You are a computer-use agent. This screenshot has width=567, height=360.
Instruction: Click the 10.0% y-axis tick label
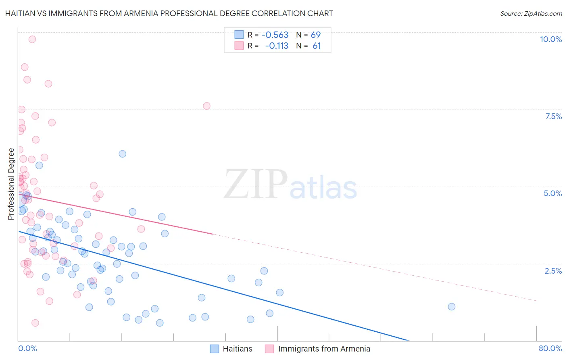coord(551,39)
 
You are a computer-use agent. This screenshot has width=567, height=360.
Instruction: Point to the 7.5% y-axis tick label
coord(553,116)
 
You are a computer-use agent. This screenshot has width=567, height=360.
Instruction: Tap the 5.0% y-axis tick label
coord(552,193)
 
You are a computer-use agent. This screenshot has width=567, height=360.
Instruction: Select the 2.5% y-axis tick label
coord(553,271)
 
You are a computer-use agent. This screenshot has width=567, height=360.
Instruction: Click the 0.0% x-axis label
coord(27,348)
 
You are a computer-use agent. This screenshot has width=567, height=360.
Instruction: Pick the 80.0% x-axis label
coord(550,348)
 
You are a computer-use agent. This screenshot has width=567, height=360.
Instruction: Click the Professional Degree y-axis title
coord(11,184)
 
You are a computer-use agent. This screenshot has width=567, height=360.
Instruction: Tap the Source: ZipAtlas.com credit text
coord(531,13)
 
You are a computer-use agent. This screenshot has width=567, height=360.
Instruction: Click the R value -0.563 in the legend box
coord(275,35)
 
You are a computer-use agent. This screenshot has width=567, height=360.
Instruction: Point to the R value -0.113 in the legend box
coord(277,46)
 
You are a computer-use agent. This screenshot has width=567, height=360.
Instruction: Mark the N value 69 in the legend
coord(316,35)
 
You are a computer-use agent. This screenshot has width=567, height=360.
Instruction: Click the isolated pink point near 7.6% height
coord(206,106)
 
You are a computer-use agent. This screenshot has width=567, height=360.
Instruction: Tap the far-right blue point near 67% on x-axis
coord(452,307)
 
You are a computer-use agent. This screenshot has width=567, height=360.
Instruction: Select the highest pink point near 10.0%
coord(32,39)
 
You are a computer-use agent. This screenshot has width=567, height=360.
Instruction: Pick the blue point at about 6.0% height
coord(123,154)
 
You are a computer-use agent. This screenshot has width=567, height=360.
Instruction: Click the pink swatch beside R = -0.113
coord(239,46)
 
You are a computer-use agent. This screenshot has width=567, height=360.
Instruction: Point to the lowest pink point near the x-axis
coord(35,323)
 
